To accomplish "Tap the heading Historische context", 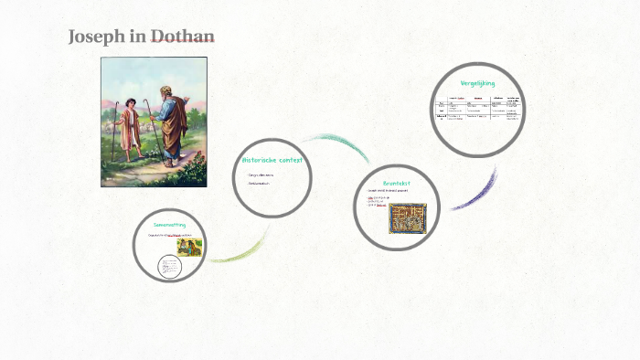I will (272, 159).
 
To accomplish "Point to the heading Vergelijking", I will (477, 83).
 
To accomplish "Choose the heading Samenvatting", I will (170, 224).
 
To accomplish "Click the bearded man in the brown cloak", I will (171, 123).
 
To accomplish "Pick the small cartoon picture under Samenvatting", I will (188, 245).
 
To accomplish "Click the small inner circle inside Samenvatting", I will (170, 266).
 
